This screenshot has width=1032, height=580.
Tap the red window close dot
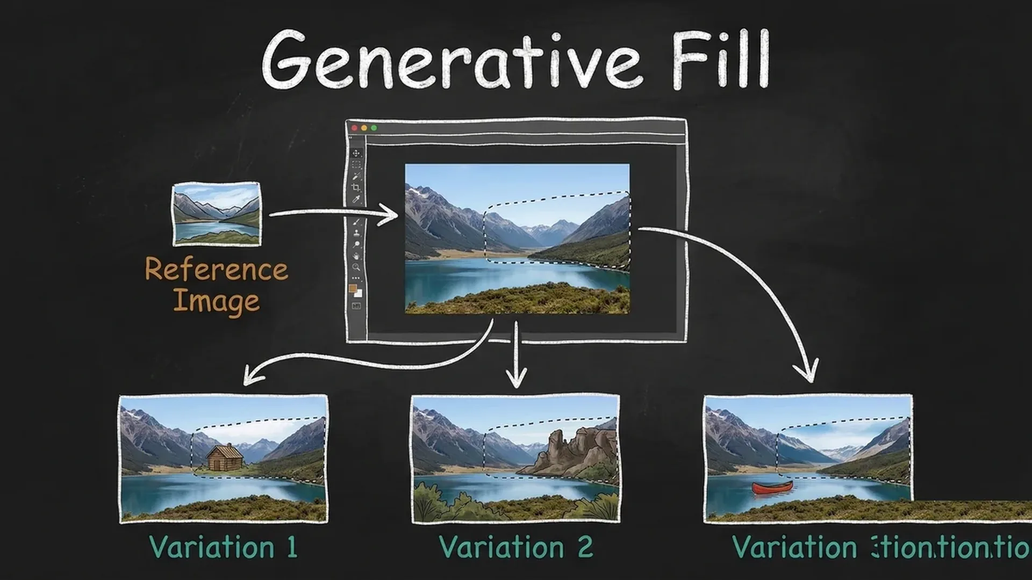click(x=354, y=128)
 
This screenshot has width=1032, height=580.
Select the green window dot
click(x=374, y=128)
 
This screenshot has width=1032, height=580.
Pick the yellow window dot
click(x=364, y=128)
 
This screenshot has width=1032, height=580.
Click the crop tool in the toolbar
click(x=356, y=187)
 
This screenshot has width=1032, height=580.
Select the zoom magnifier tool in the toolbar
click(x=356, y=267)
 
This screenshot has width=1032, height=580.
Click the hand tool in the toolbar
click(x=356, y=256)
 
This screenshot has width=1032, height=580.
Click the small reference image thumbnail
click(x=217, y=214)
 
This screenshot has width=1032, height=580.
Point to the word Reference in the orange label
click(x=216, y=269)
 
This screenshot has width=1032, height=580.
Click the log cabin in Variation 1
click(x=225, y=457)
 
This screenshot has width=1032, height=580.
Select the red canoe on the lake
click(x=772, y=488)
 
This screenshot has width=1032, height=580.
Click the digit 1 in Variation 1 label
click(x=292, y=548)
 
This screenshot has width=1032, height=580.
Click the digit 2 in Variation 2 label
click(x=585, y=548)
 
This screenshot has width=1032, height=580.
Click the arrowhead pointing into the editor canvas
click(x=391, y=215)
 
